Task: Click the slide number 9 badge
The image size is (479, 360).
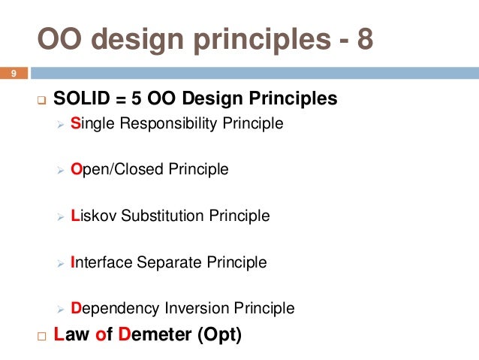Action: coord(13,73)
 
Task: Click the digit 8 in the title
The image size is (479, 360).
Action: coord(363,40)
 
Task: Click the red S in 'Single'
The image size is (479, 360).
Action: coord(75,123)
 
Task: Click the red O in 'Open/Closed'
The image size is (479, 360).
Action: coord(76,170)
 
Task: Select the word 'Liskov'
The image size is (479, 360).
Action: coord(92,216)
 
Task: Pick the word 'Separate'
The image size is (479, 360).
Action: coord(165,263)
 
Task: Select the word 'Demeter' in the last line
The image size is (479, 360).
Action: coord(154,335)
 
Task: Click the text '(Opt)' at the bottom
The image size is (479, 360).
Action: coord(219,335)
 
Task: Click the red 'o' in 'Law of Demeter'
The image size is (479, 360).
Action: coord(101,336)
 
